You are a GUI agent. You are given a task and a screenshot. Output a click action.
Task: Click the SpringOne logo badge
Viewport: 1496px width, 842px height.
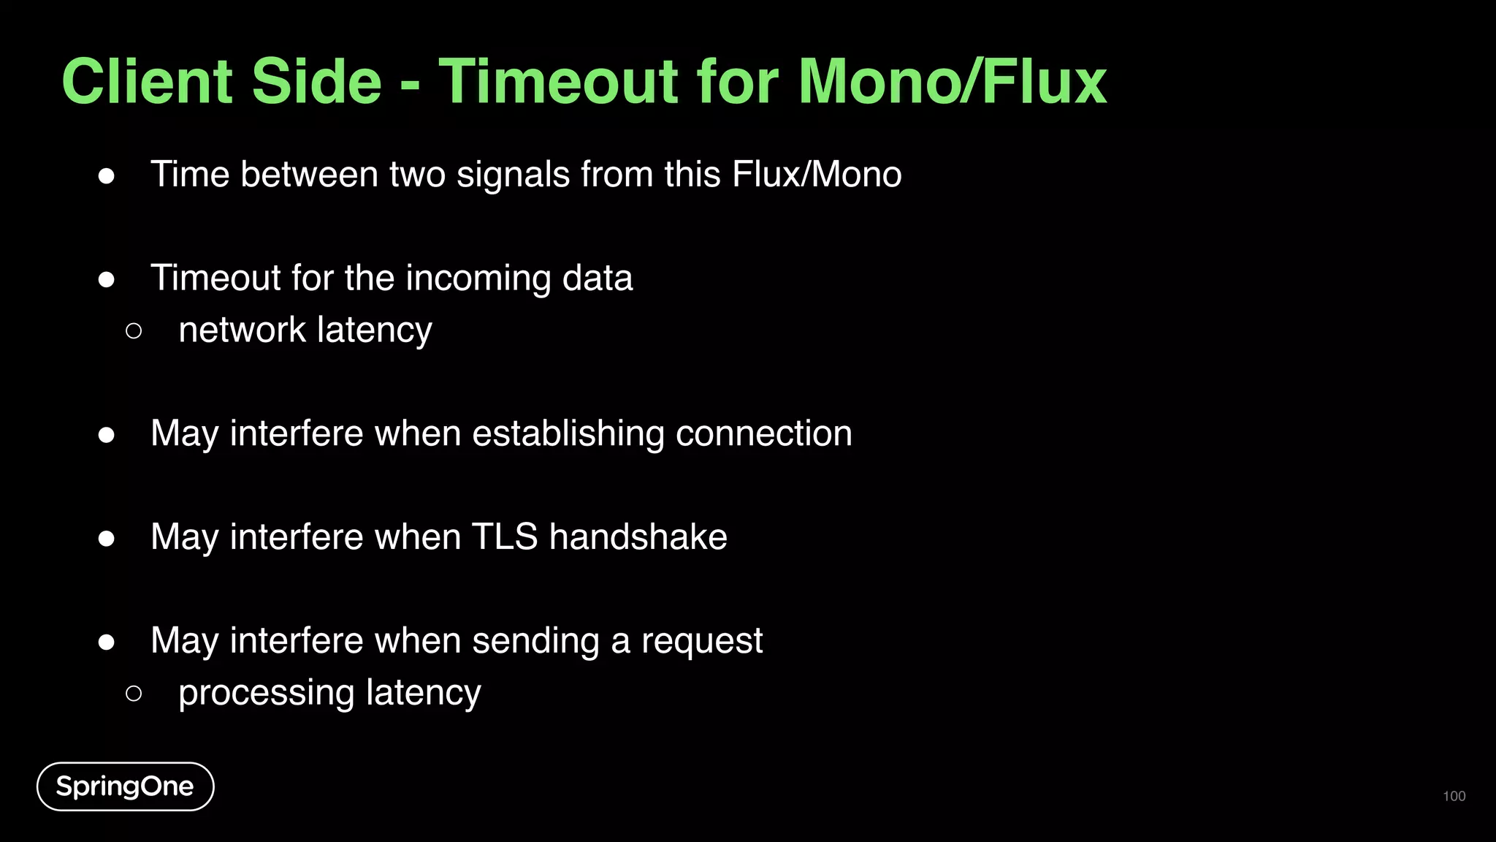[125, 786]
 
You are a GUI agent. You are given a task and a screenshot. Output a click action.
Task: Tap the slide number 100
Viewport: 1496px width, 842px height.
[1454, 796]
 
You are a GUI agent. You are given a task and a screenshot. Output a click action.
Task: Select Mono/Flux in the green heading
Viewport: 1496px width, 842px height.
[953, 82]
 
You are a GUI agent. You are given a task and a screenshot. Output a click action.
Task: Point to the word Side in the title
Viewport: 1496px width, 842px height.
[316, 82]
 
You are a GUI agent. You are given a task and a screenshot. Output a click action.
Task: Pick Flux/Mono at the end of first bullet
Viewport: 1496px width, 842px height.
[816, 175]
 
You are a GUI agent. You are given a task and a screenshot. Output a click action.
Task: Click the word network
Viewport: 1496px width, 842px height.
[242, 330]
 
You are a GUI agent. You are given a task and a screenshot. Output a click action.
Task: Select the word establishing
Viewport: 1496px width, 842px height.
[568, 434]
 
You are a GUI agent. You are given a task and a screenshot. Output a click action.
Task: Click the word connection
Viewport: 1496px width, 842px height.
[763, 433]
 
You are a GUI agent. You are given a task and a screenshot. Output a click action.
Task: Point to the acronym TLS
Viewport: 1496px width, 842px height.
[505, 537]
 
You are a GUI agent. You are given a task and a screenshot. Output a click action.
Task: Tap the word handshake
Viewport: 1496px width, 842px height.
[638, 537]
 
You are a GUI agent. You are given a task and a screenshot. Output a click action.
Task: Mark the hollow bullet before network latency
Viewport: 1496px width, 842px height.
[134, 331]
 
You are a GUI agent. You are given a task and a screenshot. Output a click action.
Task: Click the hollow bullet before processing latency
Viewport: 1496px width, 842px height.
[134, 693]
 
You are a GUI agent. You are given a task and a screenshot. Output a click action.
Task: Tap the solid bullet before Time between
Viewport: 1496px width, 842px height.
[107, 176]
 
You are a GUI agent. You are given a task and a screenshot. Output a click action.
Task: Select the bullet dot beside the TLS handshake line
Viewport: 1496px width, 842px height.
[107, 539]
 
